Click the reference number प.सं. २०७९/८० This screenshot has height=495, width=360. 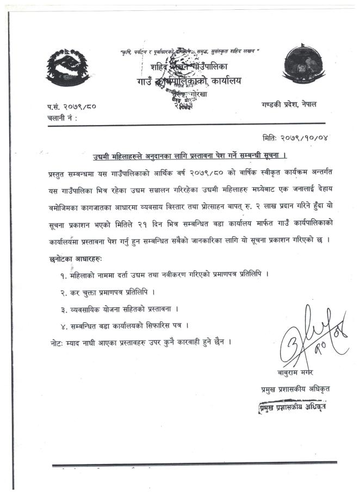pyautogui.click(x=72, y=106)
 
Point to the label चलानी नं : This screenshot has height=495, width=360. pyautogui.click(x=61, y=117)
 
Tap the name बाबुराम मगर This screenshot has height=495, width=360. pyautogui.click(x=292, y=373)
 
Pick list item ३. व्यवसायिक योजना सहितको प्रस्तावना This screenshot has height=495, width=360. pyautogui.click(x=119, y=310)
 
